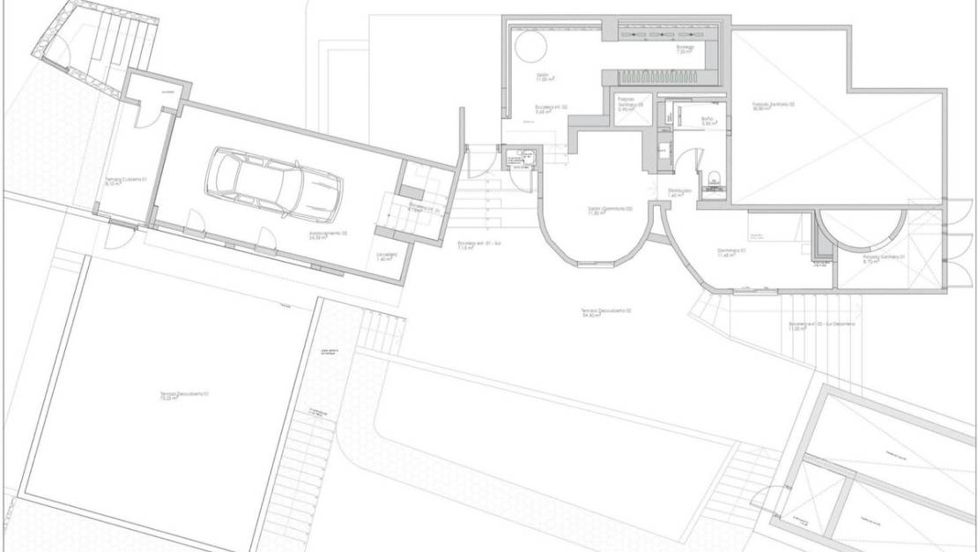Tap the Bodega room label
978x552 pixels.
pyautogui.click(x=685, y=49)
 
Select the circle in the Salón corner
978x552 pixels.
pyautogui.click(x=530, y=48)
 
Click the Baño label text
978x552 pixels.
pyautogui.click(x=708, y=121)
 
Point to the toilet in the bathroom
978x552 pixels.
pyautogui.click(x=714, y=176)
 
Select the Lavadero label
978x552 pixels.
pyautogui.click(x=387, y=257)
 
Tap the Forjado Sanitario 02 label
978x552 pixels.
pyautogui.click(x=774, y=107)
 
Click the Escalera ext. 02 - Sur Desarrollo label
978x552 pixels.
pyautogui.click(x=819, y=326)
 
